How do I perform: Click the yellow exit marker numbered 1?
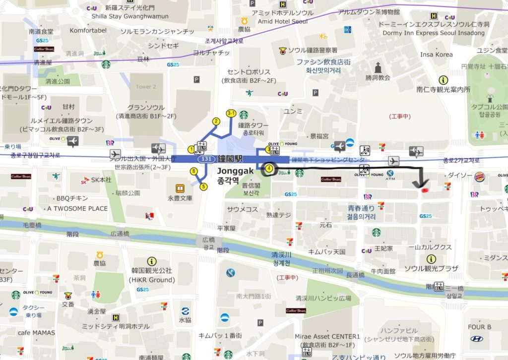(191, 149)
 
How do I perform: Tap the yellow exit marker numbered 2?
(216, 121)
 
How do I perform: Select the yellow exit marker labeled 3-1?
(231, 113)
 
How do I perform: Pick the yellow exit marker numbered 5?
(203, 186)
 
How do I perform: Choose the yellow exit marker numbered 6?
(193, 172)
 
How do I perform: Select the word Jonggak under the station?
(236, 171)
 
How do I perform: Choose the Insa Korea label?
(437, 55)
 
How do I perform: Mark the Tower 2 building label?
(146, 87)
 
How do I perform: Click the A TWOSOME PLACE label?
(77, 209)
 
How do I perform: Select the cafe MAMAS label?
(37, 333)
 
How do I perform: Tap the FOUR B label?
(479, 327)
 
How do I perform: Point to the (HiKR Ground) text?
(152, 280)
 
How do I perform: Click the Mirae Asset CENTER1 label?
(327, 337)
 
